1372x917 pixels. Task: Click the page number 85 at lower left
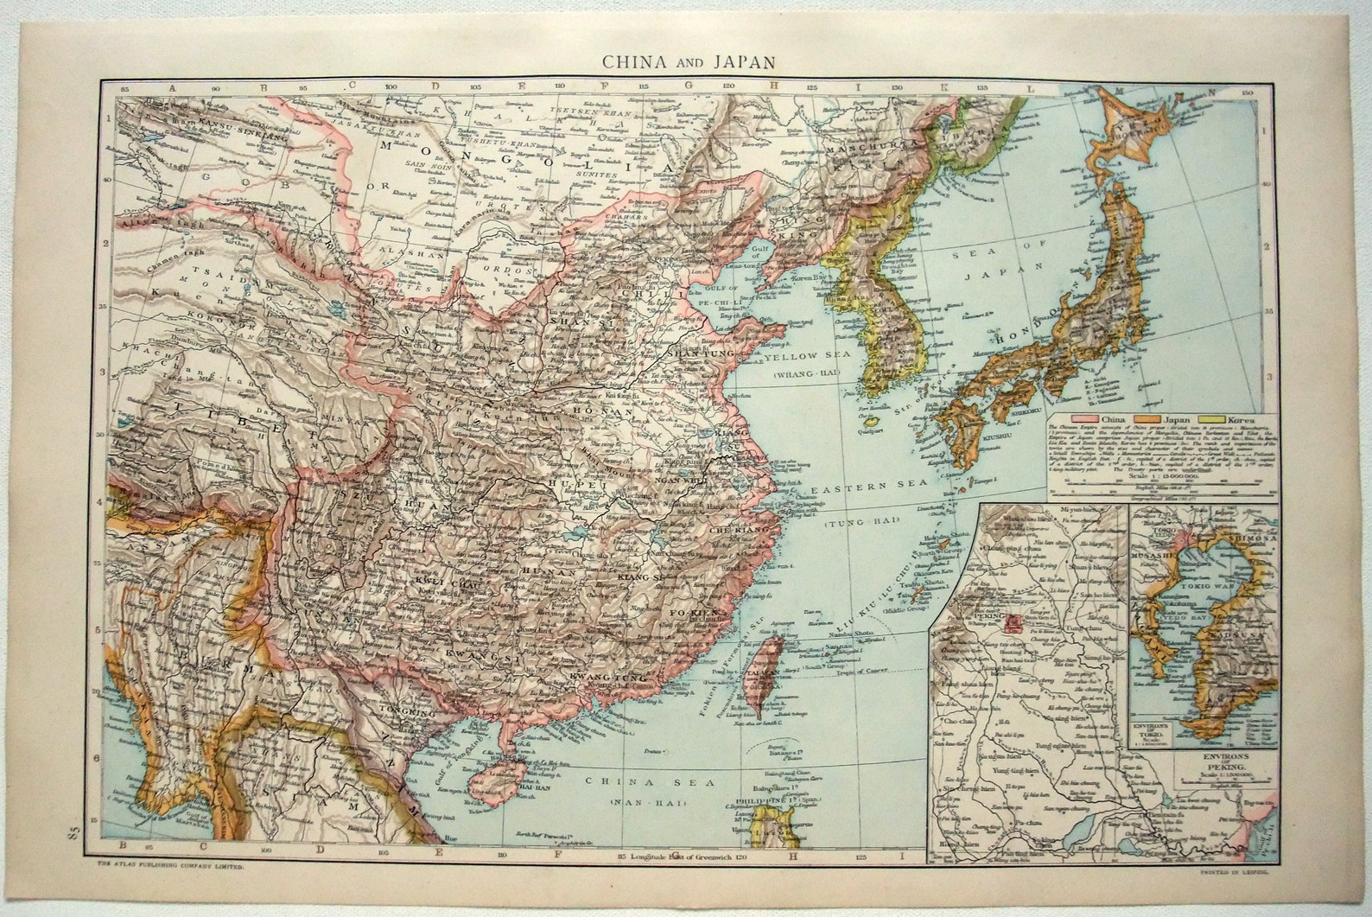point(71,835)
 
